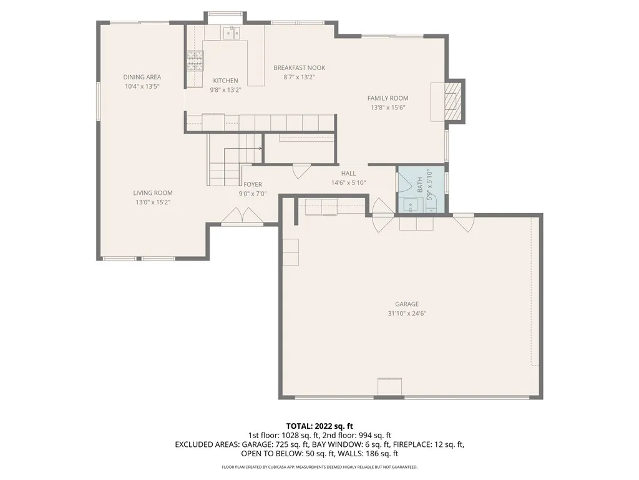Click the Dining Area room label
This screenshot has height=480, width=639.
142,77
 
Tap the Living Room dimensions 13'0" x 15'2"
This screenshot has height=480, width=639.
152,202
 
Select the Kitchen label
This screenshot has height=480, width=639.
225,81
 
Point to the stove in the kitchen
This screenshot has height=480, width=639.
194,60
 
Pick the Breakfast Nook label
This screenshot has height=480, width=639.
299,68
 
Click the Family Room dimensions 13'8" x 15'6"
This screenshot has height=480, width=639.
388,107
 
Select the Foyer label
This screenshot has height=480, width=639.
253,184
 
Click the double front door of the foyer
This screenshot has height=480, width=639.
241,216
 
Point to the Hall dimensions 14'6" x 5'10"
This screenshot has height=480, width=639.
348,183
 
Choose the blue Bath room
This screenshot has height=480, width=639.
422,189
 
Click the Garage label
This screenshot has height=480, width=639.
406,304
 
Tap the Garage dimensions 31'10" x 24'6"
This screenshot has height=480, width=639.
406,314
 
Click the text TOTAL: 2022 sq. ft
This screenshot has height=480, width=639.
319,426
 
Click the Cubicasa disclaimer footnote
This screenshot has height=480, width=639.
319,467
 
